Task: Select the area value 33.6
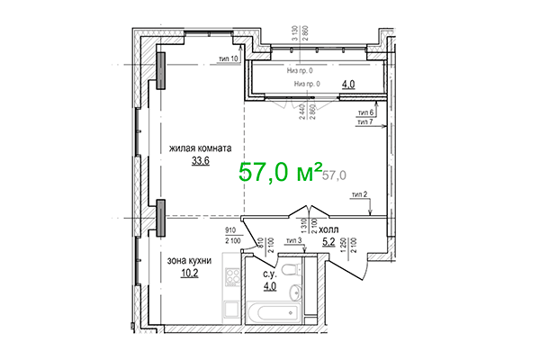tap(200, 162)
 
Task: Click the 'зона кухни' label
tap(189, 260)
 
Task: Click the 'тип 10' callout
tap(229, 58)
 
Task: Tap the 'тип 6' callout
tap(365, 111)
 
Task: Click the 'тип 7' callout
tap(365, 121)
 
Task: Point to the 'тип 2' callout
tap(360, 193)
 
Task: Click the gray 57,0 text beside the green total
tap(334, 175)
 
